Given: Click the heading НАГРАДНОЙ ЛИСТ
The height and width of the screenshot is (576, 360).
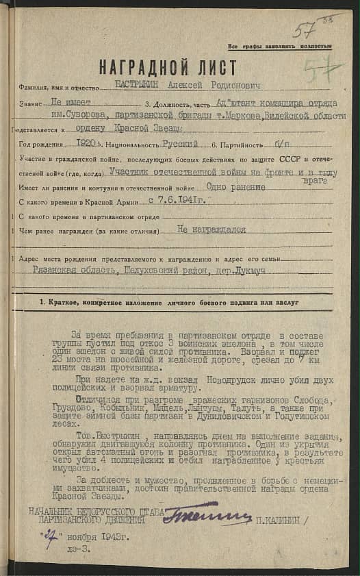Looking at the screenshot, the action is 168,68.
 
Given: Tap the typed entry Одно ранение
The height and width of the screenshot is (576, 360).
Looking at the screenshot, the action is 234,186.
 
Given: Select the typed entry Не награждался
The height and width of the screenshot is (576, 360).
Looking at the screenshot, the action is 211,231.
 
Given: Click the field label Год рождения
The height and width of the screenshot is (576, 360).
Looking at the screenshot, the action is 43,145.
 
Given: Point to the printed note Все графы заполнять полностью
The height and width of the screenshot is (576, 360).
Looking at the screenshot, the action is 281,46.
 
